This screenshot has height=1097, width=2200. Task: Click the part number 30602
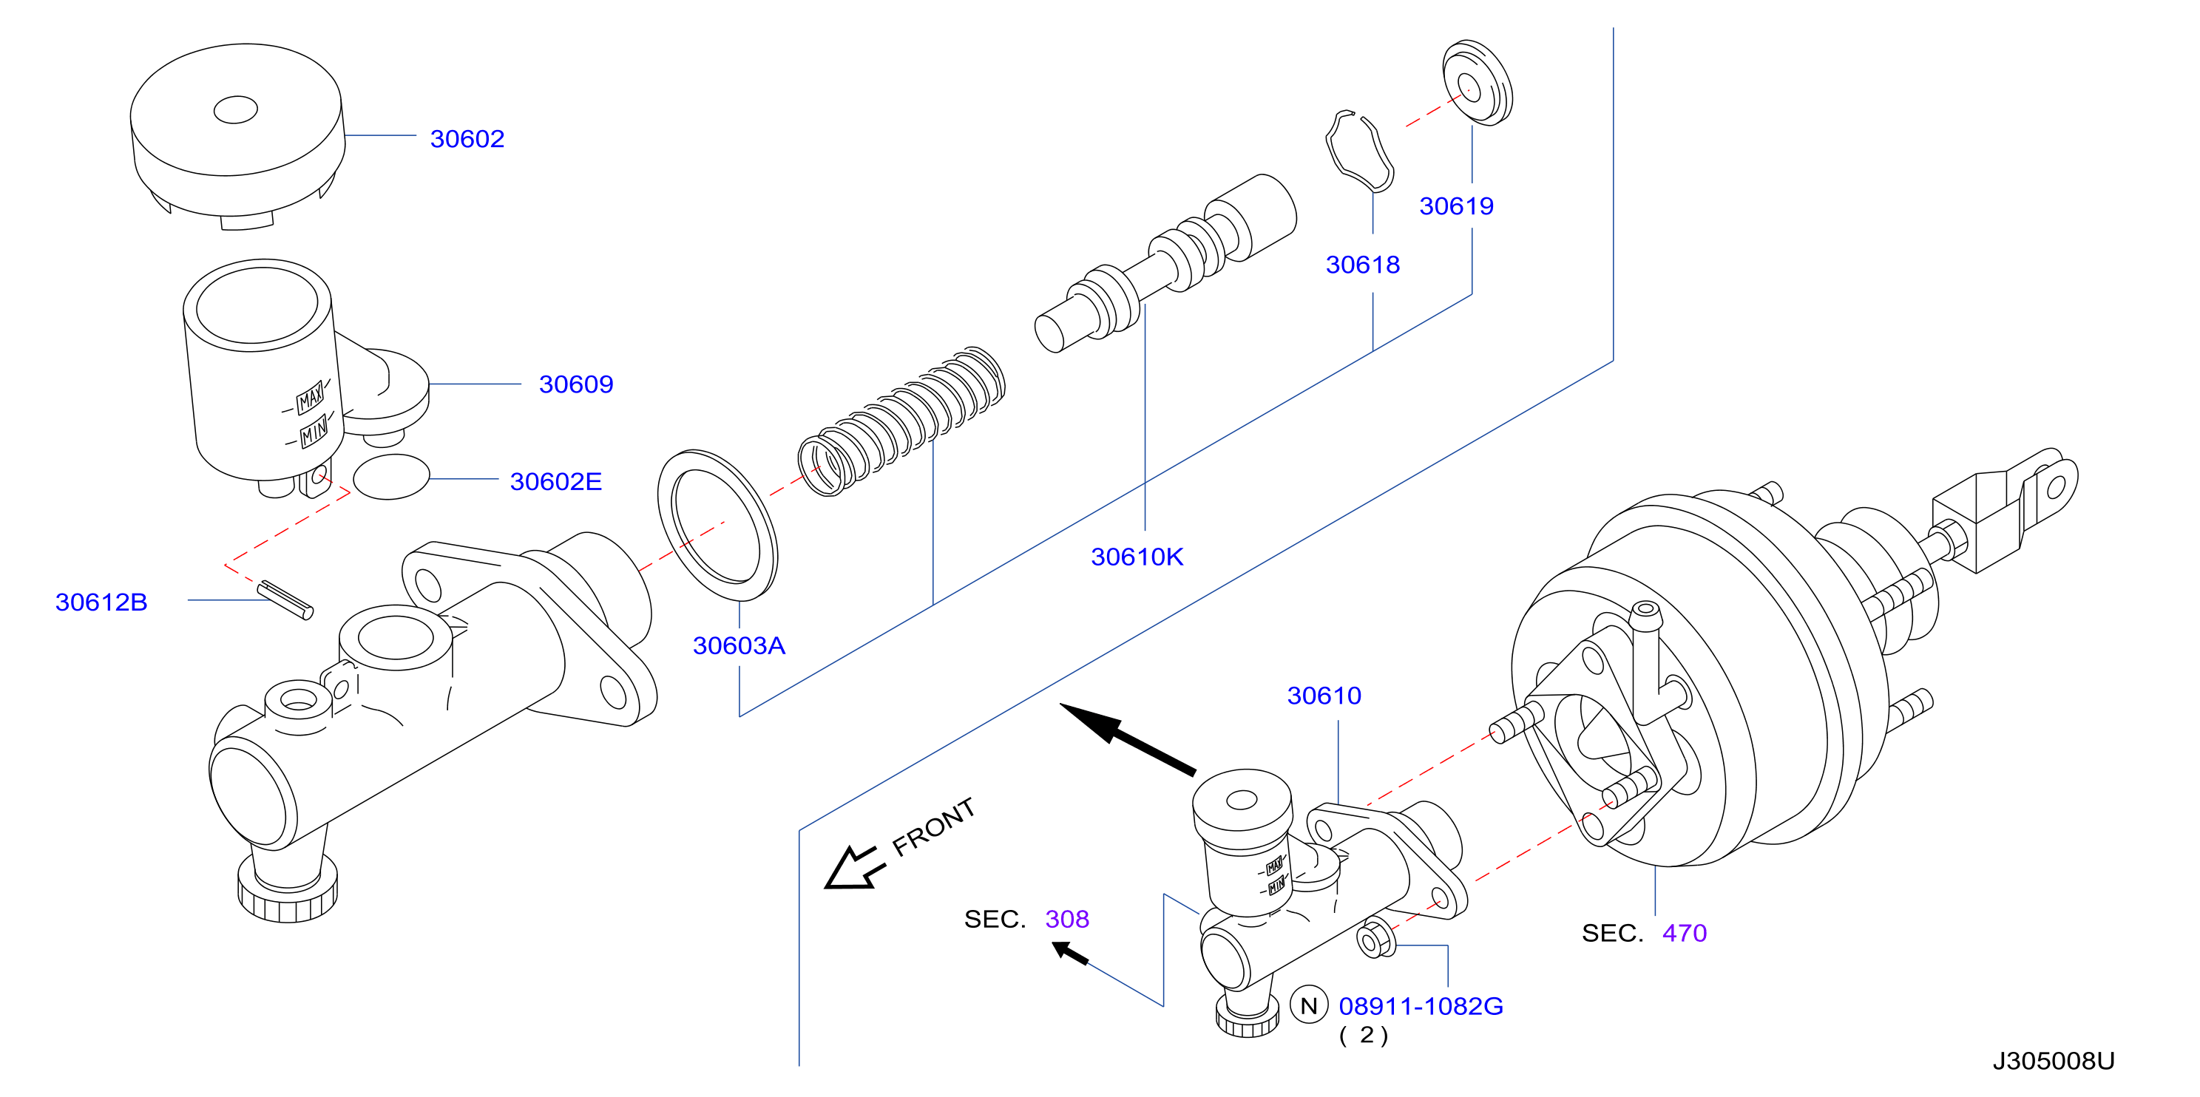click(x=467, y=138)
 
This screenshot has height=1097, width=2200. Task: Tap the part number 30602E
click(x=556, y=481)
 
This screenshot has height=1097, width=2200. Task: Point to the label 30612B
click(x=101, y=602)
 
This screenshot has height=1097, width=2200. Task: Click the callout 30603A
click(x=739, y=645)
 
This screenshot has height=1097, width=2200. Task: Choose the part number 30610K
click(x=1137, y=557)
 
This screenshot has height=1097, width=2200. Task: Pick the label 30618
click(x=1362, y=265)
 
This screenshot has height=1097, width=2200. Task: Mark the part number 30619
click(x=1456, y=206)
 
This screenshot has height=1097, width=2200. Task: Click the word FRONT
click(x=933, y=826)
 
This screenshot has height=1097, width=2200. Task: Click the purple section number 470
click(x=1684, y=933)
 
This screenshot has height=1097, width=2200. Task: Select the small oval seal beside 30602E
click(x=391, y=476)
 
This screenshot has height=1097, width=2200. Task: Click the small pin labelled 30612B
click(x=285, y=600)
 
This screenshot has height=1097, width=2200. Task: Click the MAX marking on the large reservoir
click(x=310, y=398)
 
